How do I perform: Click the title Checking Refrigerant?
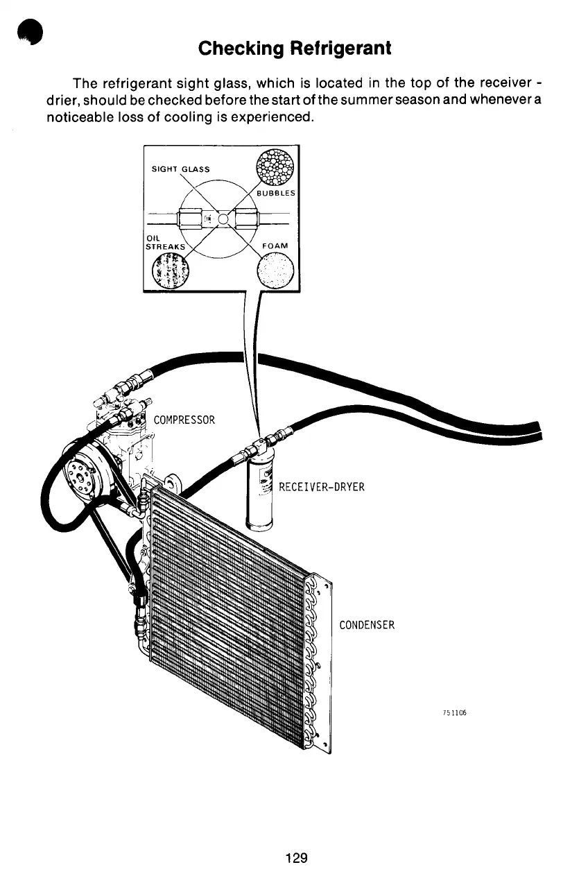[294, 49]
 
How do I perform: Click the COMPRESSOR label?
[184, 420]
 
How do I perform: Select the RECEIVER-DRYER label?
[321, 487]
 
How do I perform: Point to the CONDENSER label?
[367, 625]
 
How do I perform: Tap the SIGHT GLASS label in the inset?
[180, 168]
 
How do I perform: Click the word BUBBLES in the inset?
[276, 193]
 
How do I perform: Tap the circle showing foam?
[275, 271]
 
